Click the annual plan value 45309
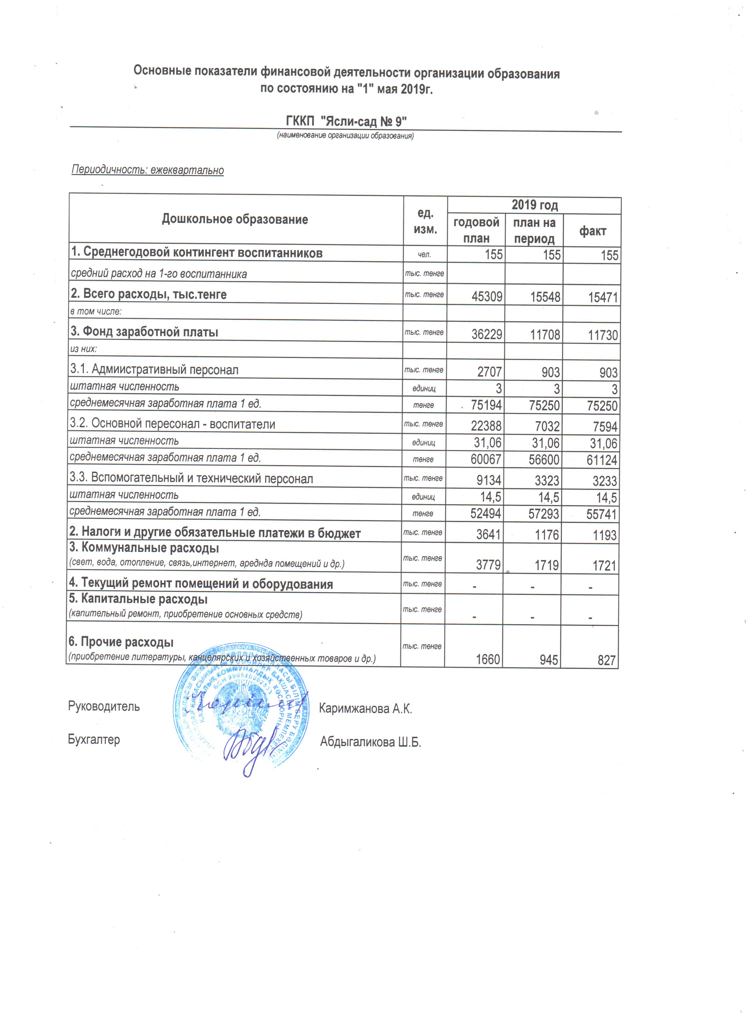[x=487, y=297]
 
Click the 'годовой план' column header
[x=476, y=230]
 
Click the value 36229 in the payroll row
[x=487, y=335]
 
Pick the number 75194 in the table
[x=486, y=405]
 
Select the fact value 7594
[x=605, y=427]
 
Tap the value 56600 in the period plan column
[x=544, y=459]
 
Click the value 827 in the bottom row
[x=607, y=660]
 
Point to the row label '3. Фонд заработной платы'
[x=144, y=332]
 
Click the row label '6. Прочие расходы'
[x=121, y=642]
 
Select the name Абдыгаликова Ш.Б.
[x=370, y=742]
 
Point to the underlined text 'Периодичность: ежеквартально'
[x=148, y=170]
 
